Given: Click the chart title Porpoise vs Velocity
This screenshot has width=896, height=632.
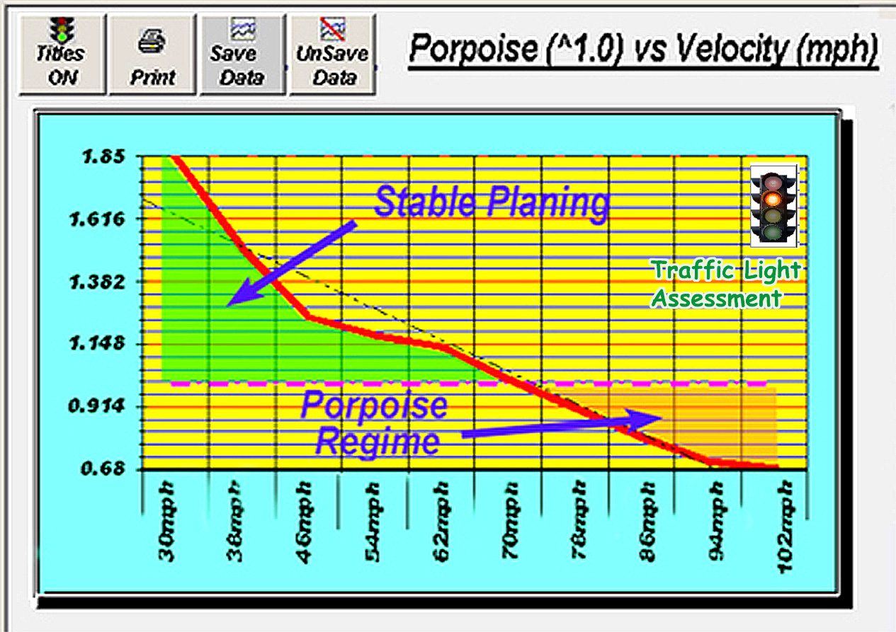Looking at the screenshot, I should coord(643,50).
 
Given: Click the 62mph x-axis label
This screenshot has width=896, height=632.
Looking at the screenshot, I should coord(441,522).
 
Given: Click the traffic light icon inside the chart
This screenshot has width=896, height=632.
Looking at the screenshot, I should coord(774,206).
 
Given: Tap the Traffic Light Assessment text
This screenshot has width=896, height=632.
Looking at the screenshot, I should coord(725,284).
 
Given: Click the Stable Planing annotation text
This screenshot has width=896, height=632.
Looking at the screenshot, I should coord(491,202).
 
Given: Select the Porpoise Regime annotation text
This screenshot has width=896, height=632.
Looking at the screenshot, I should coord(375,424).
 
